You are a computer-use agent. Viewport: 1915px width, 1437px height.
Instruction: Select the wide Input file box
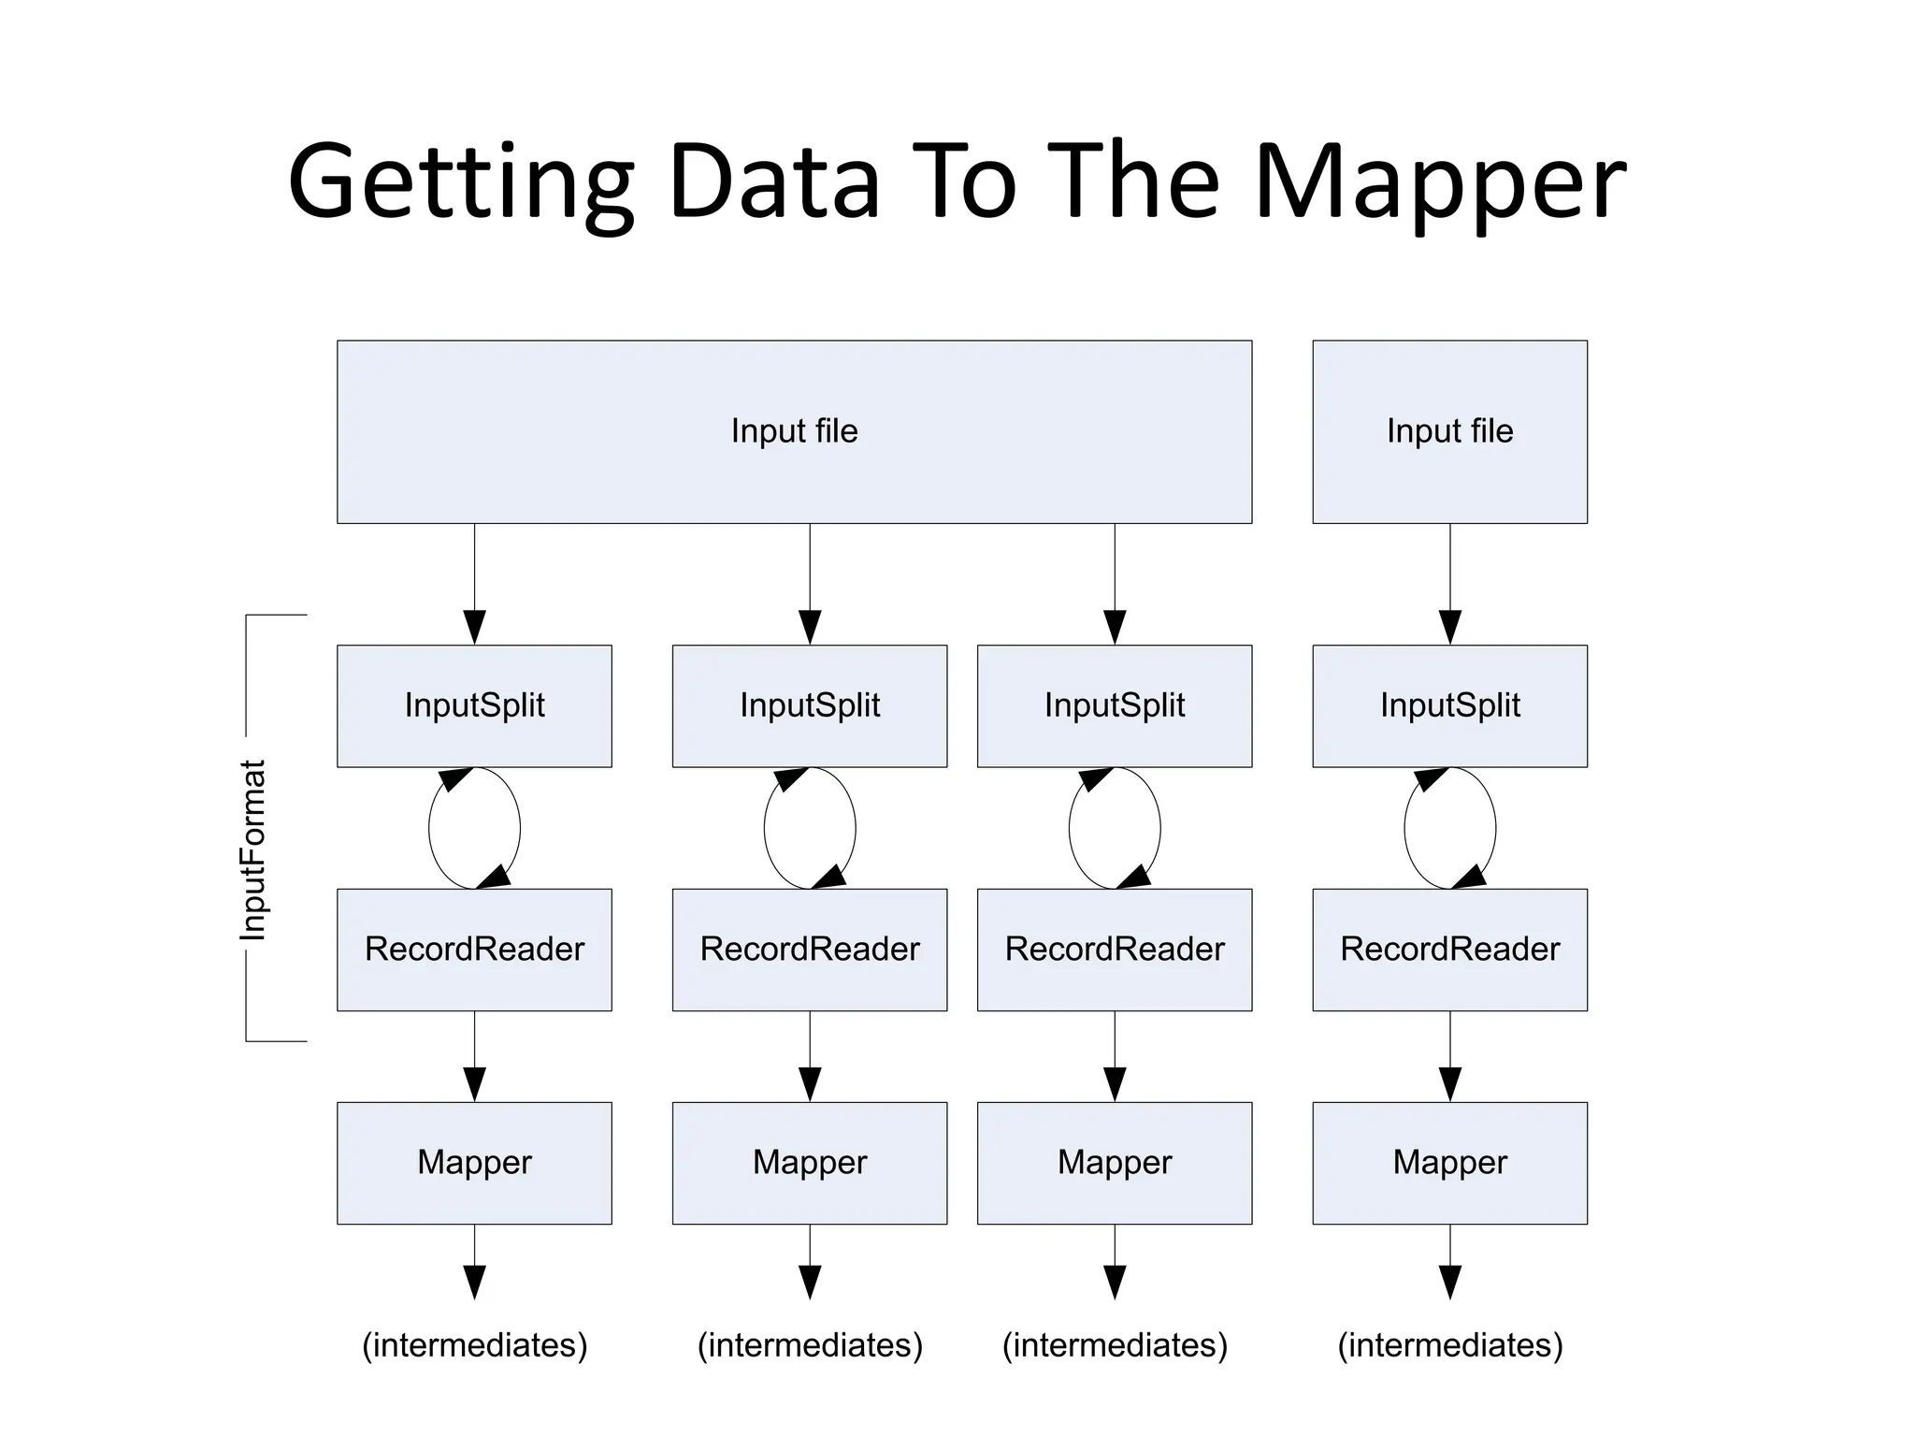click(794, 431)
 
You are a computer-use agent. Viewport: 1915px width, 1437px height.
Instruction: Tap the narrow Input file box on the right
click(1449, 431)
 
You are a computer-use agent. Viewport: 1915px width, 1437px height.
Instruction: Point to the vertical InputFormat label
click(253, 849)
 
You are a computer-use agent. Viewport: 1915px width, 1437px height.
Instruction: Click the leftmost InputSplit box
click(474, 705)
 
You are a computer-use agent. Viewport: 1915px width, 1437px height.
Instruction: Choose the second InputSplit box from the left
click(809, 705)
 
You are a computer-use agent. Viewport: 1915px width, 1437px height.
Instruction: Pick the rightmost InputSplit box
click(1449, 705)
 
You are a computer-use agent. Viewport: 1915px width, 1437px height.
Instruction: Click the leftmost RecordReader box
click(474, 949)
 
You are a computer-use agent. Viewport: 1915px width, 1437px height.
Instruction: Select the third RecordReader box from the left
click(1114, 949)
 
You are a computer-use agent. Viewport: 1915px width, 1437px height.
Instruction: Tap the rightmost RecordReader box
click(1449, 949)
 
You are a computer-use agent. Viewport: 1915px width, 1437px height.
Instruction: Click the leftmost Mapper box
click(474, 1162)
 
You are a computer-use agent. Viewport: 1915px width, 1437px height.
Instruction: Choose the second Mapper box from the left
click(809, 1162)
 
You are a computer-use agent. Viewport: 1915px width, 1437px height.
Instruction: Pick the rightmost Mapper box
click(1449, 1162)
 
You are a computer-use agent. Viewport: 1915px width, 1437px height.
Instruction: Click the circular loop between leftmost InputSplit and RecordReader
click(429, 828)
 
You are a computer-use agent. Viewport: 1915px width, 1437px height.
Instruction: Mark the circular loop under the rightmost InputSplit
click(1404, 828)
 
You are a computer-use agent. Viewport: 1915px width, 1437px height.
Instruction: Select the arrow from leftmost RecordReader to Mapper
click(474, 1057)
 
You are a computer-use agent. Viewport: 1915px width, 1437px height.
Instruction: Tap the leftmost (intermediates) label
click(474, 1345)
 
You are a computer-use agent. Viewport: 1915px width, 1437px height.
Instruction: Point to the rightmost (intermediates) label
click(1449, 1345)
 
